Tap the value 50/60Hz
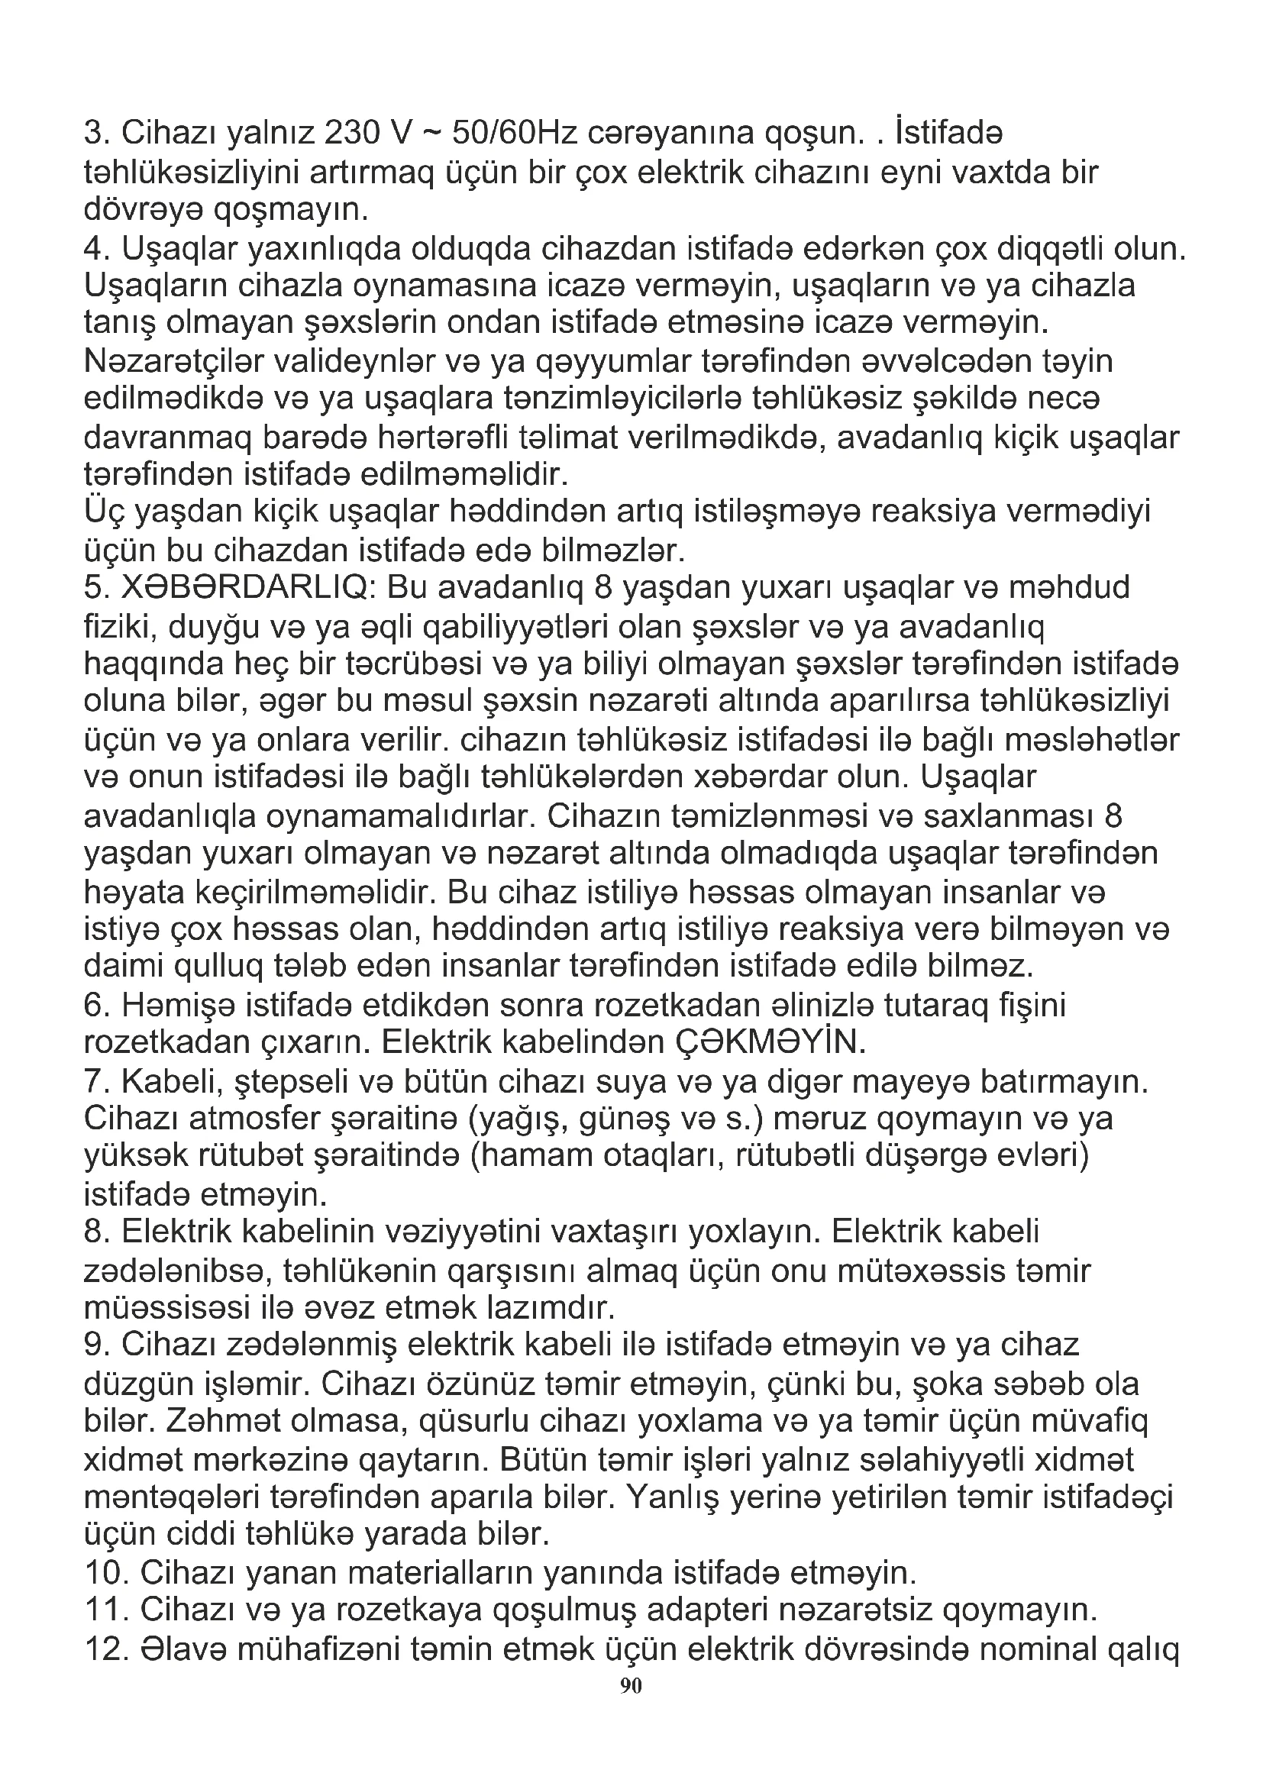tap(513, 134)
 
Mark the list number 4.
tap(97, 249)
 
